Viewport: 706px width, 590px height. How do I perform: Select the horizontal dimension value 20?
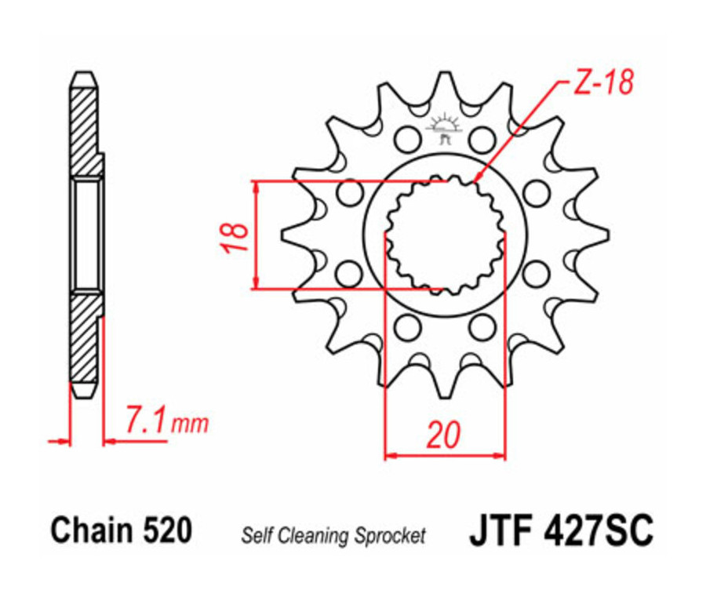coord(444,434)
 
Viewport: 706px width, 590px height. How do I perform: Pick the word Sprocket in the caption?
coord(389,537)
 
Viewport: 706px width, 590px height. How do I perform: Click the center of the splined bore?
coord(445,235)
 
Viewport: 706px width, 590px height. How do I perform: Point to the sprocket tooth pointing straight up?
coord(445,86)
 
